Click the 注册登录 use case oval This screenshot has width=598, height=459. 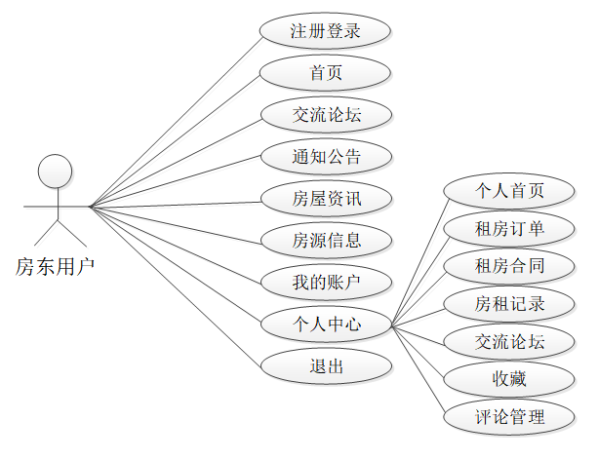click(x=326, y=30)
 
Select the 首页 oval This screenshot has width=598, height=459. click(x=326, y=72)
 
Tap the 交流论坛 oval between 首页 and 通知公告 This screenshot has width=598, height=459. click(x=326, y=114)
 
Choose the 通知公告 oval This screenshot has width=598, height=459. click(x=326, y=156)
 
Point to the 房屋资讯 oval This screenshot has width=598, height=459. click(x=326, y=199)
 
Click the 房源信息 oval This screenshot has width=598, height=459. click(x=326, y=240)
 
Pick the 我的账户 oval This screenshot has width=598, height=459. click(x=326, y=283)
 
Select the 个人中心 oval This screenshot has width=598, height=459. click(x=326, y=325)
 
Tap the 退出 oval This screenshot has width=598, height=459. click(x=326, y=366)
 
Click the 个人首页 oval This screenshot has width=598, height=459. click(x=508, y=190)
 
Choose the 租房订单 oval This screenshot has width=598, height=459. click(x=508, y=228)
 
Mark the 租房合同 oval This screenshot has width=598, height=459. click(x=508, y=266)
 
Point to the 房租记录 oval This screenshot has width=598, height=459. click(x=508, y=304)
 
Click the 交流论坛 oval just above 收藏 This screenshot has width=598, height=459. click(x=508, y=342)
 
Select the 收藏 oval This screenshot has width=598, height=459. click(x=508, y=379)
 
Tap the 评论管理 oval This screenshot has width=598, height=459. click(x=508, y=418)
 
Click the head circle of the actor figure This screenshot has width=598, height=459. click(x=55, y=172)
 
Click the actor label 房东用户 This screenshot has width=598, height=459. click(x=55, y=266)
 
